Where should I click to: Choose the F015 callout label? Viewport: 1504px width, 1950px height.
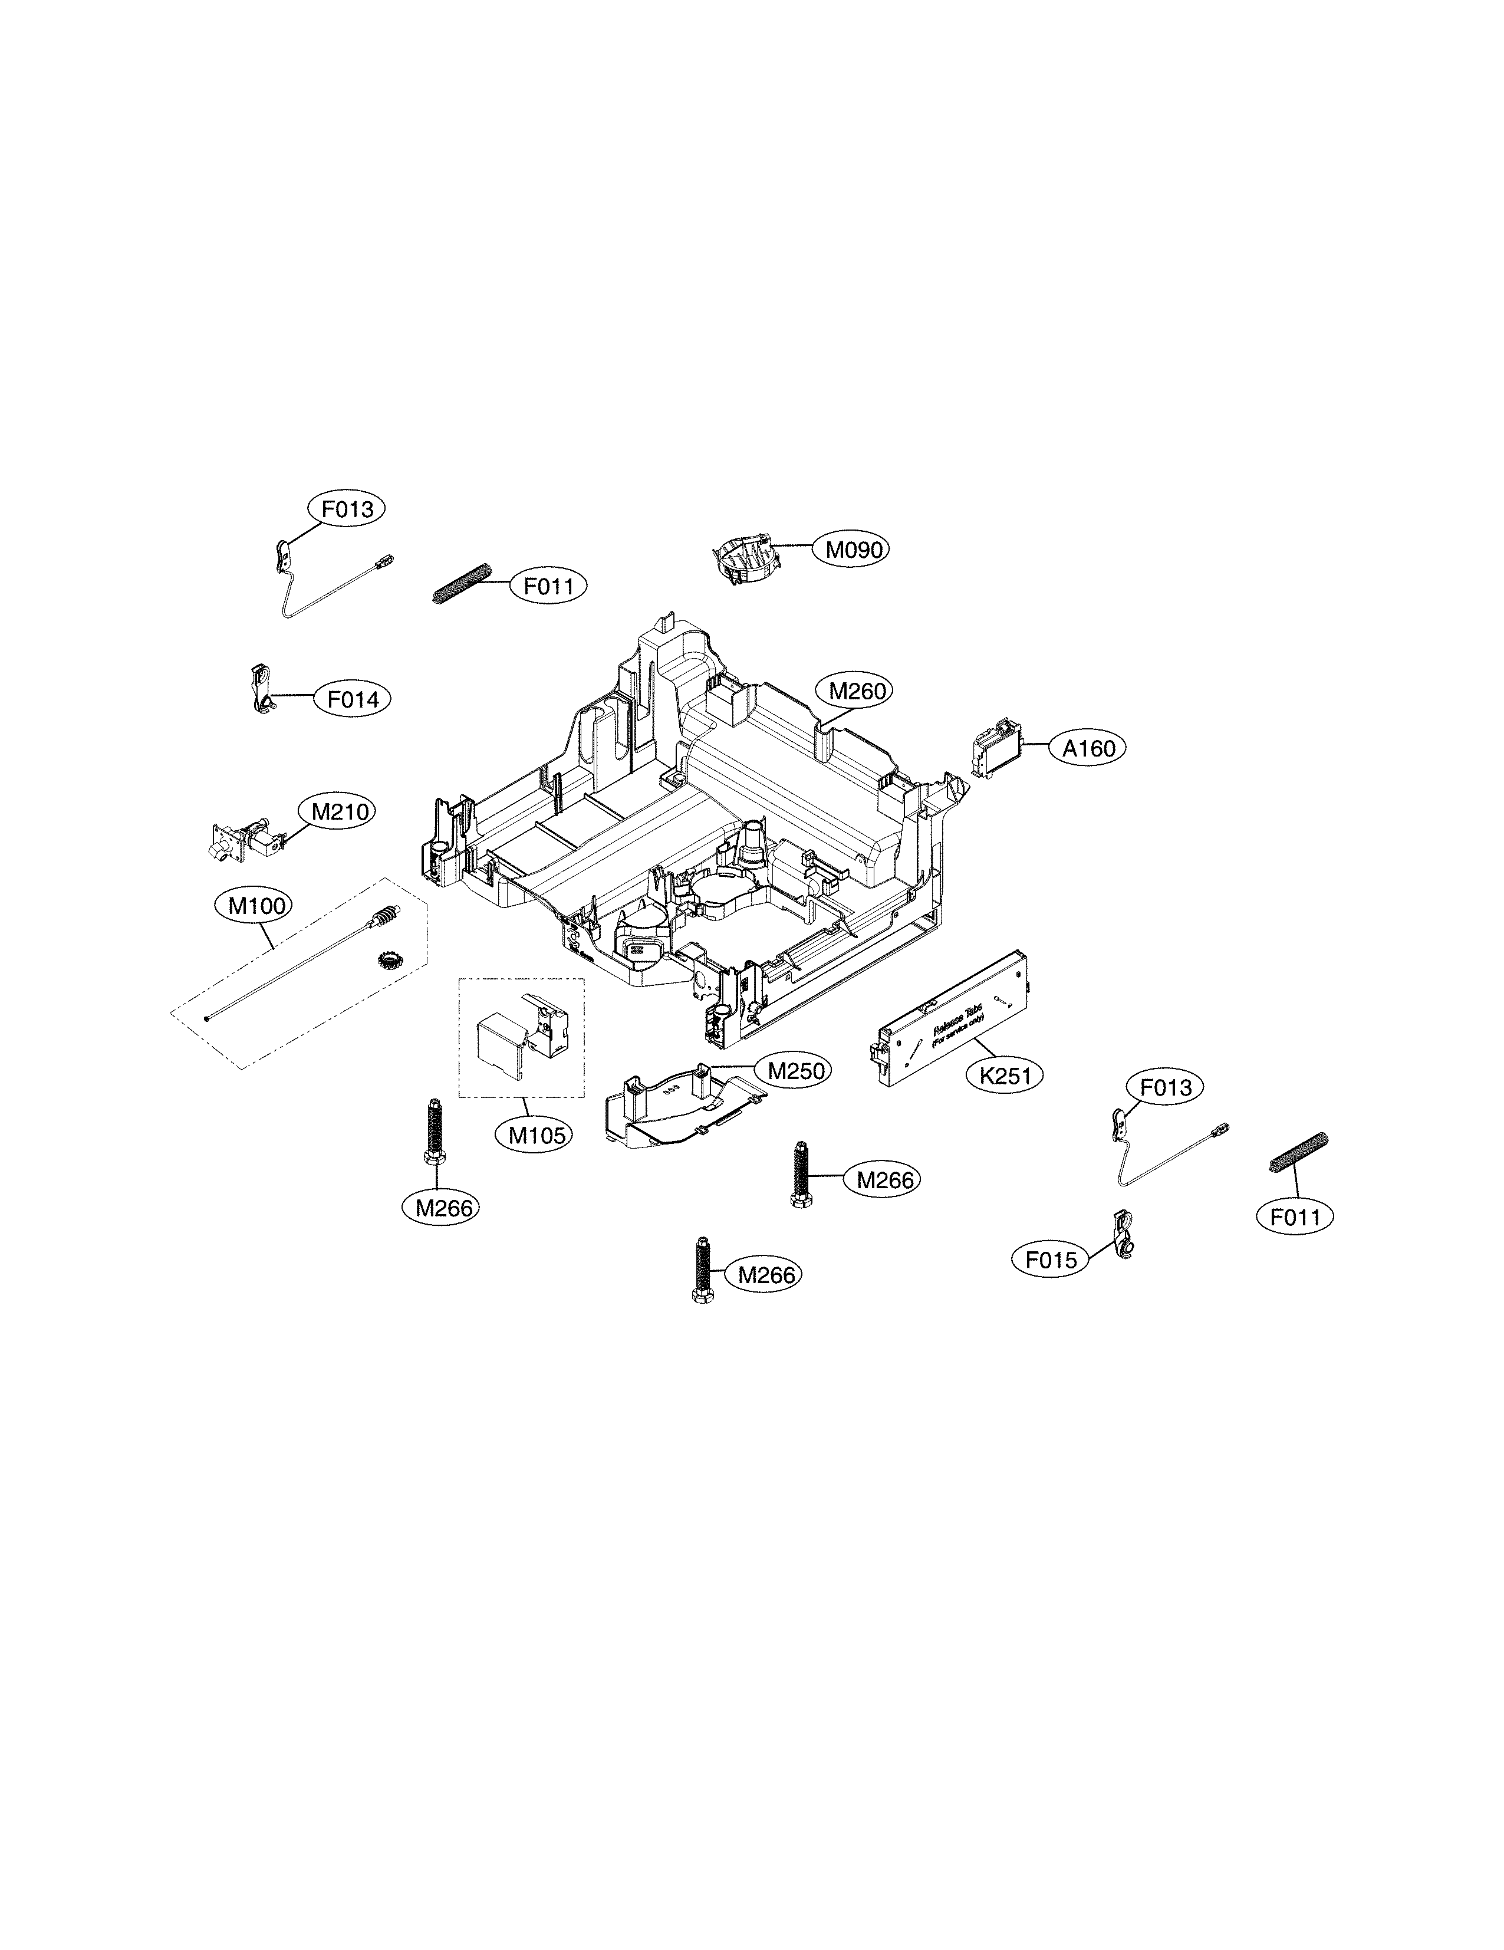coord(1051,1261)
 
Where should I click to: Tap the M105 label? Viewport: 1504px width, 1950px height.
coord(537,1136)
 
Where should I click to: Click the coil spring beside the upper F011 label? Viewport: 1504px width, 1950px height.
coord(462,584)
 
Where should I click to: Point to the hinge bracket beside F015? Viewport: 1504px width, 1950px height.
coord(1124,1235)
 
